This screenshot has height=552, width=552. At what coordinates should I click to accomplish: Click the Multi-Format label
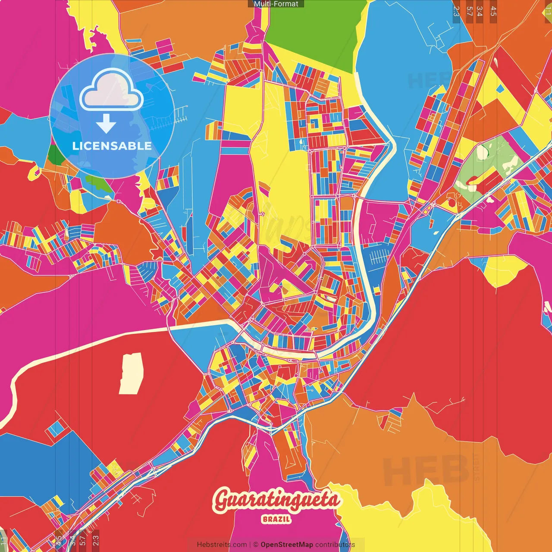point(276,4)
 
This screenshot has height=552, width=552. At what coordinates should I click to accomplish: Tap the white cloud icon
point(112,90)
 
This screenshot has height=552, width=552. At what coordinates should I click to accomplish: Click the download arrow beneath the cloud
point(106,124)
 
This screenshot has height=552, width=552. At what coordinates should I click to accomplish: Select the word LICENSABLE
point(112,146)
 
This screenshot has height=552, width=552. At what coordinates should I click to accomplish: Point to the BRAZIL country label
point(276,519)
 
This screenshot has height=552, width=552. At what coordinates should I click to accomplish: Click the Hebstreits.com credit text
point(222,545)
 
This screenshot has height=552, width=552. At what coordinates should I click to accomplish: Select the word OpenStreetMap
point(287,545)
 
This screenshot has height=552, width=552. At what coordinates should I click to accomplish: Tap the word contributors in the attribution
point(335,545)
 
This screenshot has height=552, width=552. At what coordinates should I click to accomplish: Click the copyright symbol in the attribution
point(255,545)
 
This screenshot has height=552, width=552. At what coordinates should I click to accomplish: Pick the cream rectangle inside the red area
point(130,373)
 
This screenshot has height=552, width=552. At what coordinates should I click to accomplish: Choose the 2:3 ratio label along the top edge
point(456,11)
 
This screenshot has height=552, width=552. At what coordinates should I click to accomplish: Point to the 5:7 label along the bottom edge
point(83,540)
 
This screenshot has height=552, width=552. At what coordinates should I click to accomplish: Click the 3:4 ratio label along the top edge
point(480,11)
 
